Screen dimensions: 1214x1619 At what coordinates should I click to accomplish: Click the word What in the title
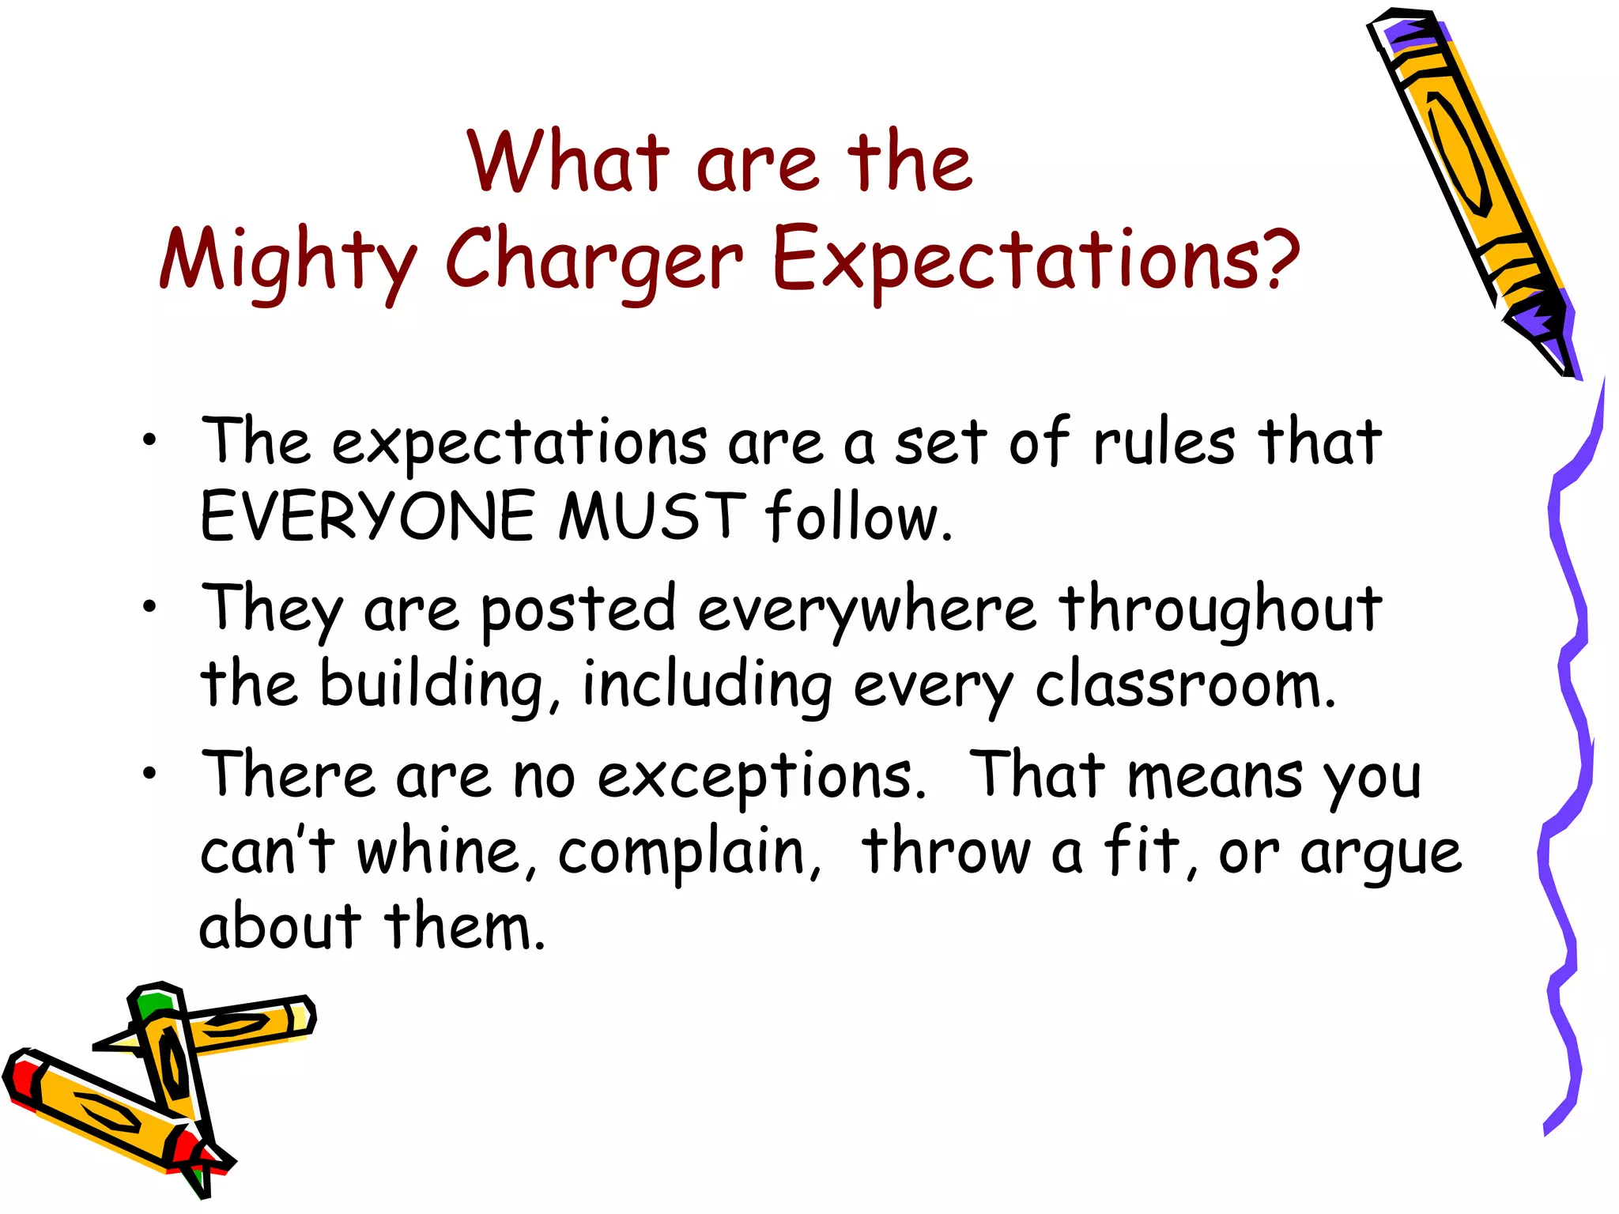tap(568, 163)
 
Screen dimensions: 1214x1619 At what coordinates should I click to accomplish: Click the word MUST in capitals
tap(652, 517)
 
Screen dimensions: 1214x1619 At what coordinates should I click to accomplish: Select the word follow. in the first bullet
tap(859, 517)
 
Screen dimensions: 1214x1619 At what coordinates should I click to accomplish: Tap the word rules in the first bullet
tap(1164, 443)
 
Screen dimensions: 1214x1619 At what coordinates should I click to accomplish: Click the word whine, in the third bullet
tap(447, 852)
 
